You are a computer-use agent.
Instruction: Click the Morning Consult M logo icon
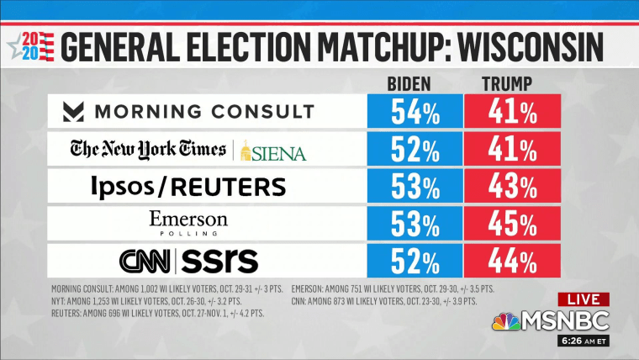click(x=77, y=112)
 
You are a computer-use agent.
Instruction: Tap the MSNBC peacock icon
click(x=505, y=321)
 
